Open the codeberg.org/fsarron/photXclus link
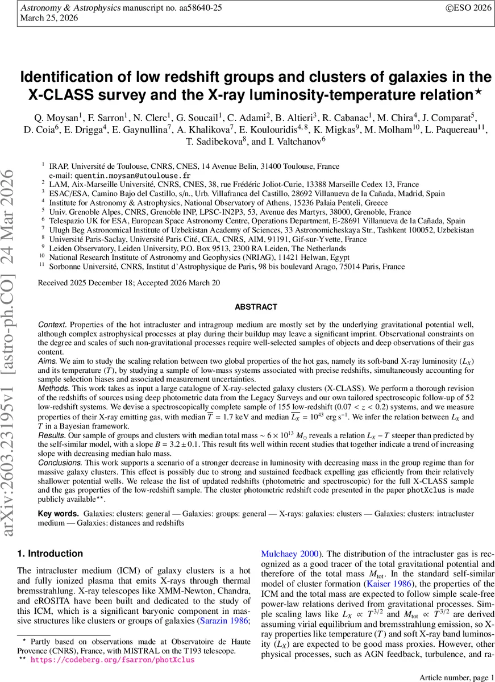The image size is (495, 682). (x=112, y=660)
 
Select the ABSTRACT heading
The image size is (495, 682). (x=256, y=307)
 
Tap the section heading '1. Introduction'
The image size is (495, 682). (x=50, y=554)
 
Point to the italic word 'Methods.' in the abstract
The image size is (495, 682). (x=54, y=401)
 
